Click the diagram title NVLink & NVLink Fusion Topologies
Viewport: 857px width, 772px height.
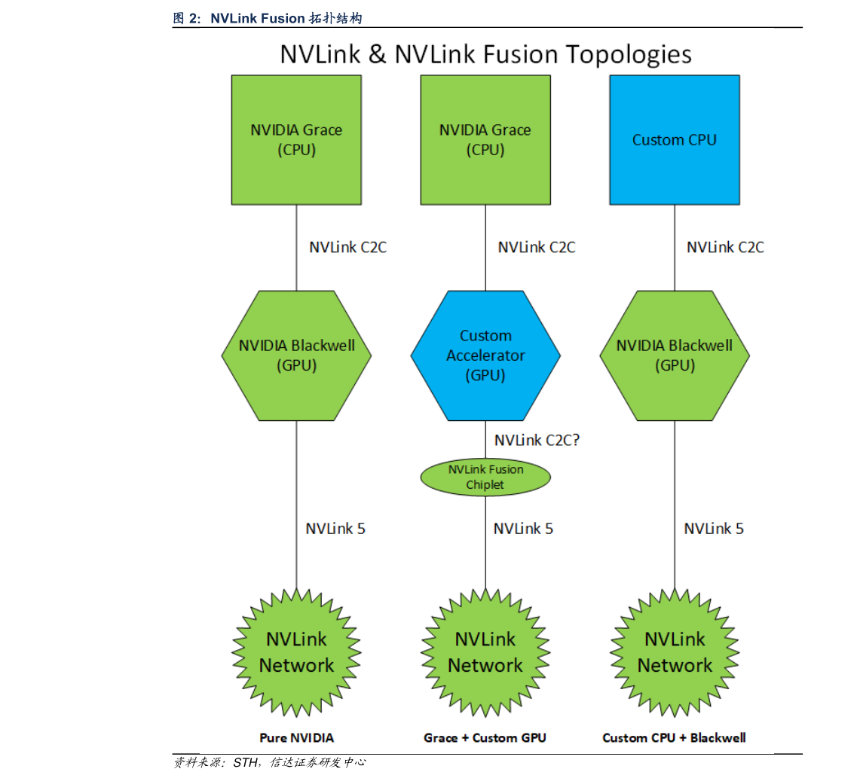pos(485,54)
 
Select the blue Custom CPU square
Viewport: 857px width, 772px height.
pos(674,140)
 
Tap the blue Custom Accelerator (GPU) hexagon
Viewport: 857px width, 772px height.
pos(485,355)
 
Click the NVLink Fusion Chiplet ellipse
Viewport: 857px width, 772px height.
pos(485,477)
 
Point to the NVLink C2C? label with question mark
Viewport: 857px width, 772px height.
pos(537,440)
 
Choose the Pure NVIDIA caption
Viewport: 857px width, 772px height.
pos(296,737)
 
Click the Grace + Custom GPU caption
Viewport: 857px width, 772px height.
pos(485,737)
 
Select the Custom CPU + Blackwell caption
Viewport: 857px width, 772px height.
pos(674,737)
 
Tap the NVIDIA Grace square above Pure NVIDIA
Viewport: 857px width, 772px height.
pos(296,140)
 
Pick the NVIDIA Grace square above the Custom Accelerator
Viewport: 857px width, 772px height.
pos(485,140)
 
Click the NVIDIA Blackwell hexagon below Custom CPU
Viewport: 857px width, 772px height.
pos(674,355)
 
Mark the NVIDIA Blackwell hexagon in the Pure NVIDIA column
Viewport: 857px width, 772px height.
pos(296,355)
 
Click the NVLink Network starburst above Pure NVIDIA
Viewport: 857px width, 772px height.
pos(296,652)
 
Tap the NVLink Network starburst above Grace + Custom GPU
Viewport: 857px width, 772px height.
pos(485,652)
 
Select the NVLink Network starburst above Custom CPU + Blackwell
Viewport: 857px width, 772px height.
pos(674,652)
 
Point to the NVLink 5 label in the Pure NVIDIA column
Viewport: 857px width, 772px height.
pos(335,529)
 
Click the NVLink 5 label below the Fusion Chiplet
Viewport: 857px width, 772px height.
pos(523,529)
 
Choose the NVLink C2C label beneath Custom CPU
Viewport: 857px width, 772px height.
pos(725,247)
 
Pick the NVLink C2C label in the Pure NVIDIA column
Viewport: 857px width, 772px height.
pos(347,247)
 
